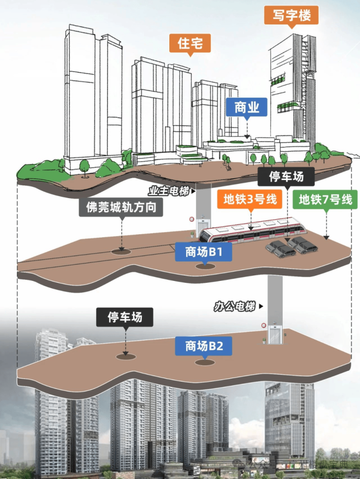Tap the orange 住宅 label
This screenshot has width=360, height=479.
click(x=190, y=43)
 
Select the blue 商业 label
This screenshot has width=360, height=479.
click(x=247, y=108)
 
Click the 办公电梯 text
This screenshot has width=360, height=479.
click(x=235, y=307)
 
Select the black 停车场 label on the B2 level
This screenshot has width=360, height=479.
click(x=126, y=317)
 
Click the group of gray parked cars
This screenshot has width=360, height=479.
click(x=290, y=246)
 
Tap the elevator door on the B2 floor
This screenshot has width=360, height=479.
click(x=275, y=335)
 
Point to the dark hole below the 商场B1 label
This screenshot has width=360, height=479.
click(x=204, y=266)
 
